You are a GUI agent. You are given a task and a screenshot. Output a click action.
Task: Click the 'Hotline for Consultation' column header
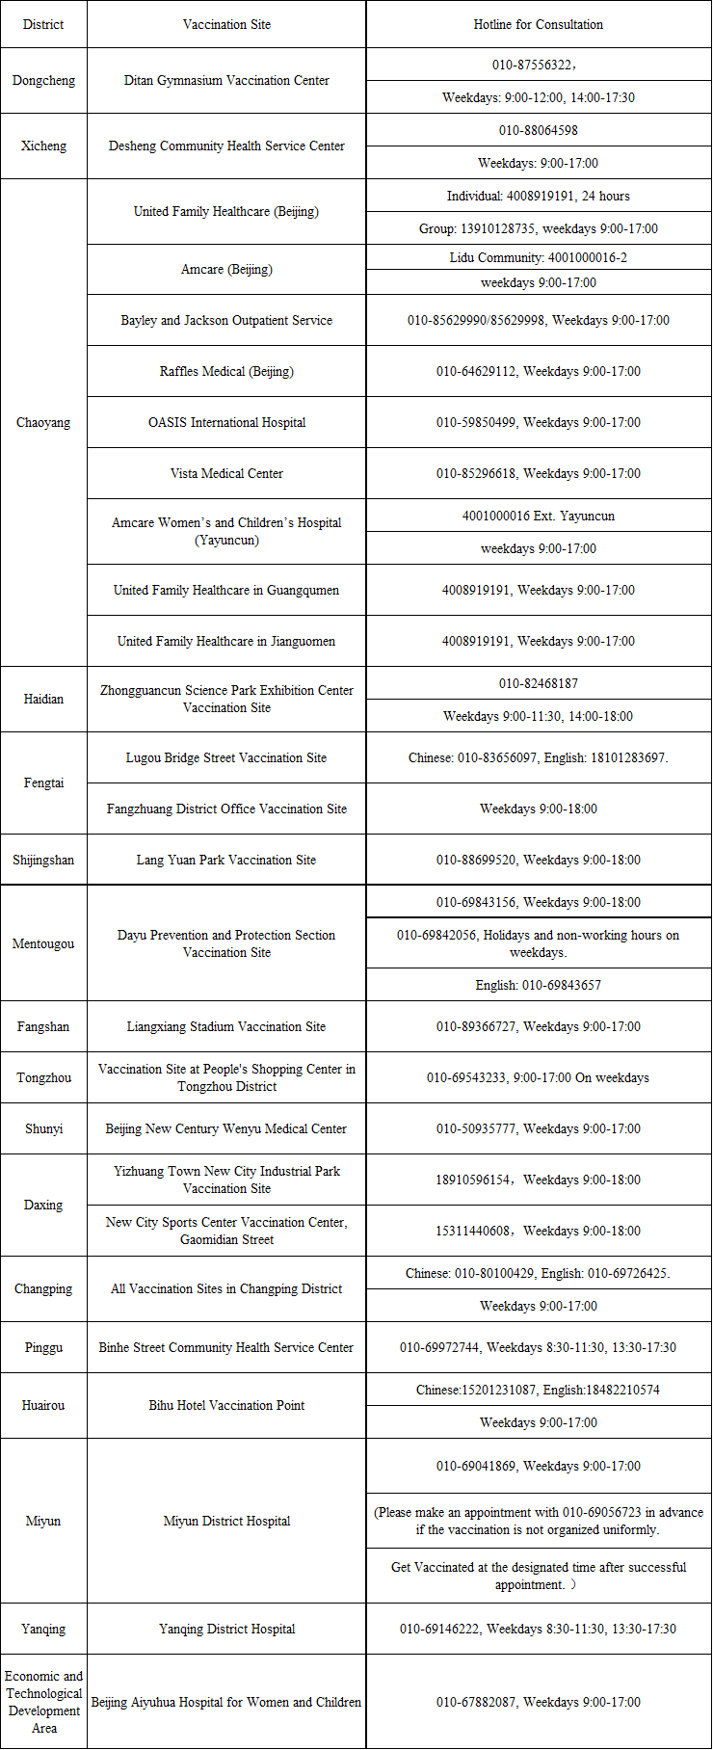[538, 24]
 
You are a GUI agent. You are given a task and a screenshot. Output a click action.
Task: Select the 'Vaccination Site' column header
[226, 24]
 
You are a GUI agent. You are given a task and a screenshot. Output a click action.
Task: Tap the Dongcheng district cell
[43, 81]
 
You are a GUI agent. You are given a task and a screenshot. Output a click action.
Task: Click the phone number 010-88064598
[538, 130]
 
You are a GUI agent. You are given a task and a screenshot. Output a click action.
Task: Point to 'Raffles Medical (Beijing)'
[226, 371]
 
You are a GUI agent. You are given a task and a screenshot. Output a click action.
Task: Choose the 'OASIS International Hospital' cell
[226, 422]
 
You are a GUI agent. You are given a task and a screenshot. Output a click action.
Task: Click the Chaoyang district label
[43, 422]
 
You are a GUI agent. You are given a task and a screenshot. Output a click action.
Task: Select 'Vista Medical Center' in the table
[226, 473]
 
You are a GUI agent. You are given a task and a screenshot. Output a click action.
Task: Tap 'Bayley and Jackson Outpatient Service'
[226, 320]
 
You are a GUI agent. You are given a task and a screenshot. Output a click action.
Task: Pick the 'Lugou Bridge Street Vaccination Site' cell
[226, 757]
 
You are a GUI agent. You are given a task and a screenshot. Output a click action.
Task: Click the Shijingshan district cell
[43, 860]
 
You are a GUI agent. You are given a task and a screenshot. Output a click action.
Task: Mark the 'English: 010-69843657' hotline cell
[538, 985]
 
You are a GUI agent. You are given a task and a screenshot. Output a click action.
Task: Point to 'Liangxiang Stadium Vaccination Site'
[226, 1026]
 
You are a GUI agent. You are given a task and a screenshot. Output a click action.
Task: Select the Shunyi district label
[43, 1128]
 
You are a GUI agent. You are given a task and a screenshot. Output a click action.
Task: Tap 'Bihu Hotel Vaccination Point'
[226, 1405]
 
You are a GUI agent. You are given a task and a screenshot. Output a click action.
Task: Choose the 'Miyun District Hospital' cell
[226, 1521]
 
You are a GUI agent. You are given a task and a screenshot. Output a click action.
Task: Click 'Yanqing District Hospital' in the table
[226, 1629]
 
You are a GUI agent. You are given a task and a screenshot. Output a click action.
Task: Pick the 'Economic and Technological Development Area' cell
[43, 1702]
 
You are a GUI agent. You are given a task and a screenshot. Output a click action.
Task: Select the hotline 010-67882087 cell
[538, 1702]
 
